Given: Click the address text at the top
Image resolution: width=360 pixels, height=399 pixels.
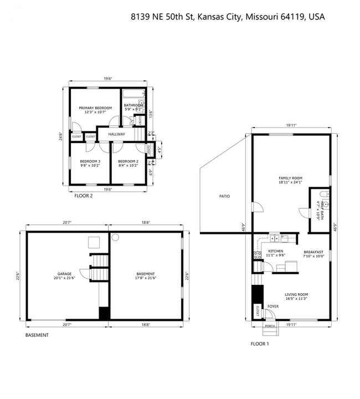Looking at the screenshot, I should [228, 17].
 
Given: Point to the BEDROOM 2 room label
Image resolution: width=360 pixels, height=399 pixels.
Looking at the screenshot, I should [128, 163].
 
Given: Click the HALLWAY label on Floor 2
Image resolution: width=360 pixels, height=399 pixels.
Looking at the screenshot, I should [116, 134].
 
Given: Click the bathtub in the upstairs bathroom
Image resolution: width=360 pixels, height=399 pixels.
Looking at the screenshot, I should [133, 94].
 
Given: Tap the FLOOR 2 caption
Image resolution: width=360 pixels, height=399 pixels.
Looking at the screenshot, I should [84, 196].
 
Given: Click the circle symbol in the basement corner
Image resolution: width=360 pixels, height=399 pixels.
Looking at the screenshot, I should [115, 237].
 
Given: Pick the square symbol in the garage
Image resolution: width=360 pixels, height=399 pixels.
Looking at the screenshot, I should [94, 242].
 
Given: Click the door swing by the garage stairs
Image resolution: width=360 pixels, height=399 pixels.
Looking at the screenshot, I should [84, 273].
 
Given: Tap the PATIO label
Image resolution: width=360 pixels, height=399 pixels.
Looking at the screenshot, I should [224, 196].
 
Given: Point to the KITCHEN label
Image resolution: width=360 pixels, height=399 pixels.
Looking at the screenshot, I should [275, 253].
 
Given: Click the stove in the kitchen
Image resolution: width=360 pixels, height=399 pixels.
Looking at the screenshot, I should [257, 255].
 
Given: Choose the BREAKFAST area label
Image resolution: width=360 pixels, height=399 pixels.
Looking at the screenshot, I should [314, 253].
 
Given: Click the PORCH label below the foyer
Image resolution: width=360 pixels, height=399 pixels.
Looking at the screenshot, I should [270, 326].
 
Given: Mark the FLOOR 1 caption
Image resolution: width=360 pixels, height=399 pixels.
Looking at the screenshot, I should [260, 344].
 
